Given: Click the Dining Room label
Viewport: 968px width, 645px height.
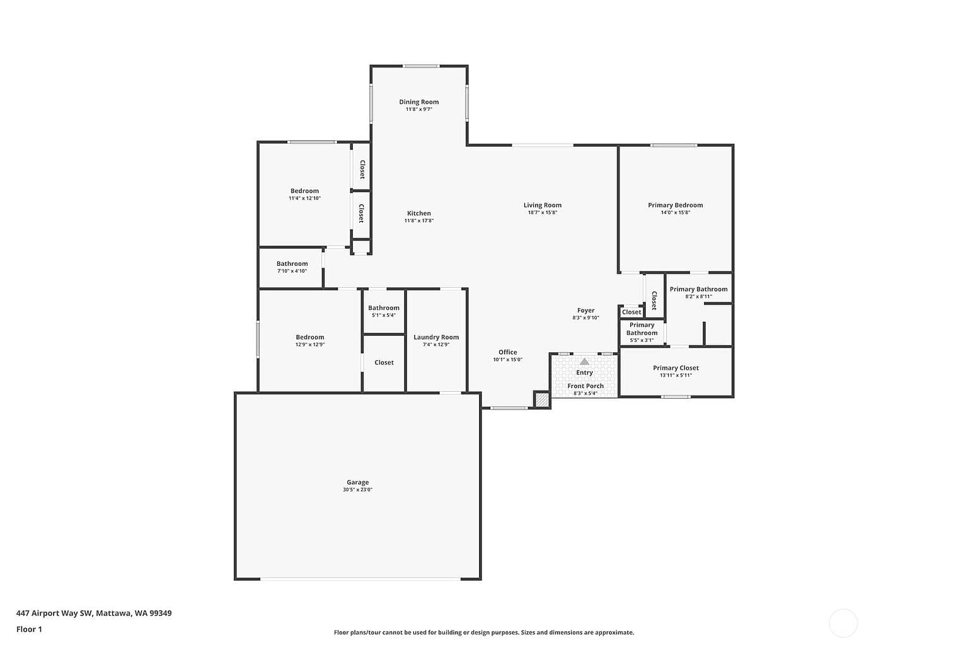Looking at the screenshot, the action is coord(418,102).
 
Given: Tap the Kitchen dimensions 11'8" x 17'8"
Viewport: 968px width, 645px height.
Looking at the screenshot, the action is coord(418,220).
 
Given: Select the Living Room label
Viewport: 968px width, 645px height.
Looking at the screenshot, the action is coord(543,205).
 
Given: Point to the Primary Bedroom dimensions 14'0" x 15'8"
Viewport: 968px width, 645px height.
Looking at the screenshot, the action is coord(675,212).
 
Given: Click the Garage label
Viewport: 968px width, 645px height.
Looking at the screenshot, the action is coord(357,482).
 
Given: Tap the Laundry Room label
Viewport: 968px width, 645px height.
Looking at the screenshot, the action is coord(436,337).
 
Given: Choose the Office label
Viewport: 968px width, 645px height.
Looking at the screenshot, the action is coord(507,352).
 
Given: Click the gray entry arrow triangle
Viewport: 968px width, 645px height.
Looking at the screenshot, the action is coord(584,362).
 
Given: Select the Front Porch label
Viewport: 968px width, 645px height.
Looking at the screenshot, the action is coord(585,385).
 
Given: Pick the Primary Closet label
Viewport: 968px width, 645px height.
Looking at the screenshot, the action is coord(676,368).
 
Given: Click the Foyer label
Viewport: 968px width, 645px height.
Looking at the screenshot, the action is coord(585,310).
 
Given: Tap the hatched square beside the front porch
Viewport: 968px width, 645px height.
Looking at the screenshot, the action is coord(541,399).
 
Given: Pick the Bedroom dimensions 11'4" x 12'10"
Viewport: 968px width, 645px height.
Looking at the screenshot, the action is coord(304,198).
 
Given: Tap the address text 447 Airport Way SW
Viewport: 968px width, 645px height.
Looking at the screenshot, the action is coord(54,613).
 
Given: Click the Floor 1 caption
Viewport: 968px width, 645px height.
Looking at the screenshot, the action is coord(29,629).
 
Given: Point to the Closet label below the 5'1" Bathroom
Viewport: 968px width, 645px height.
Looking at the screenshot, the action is coord(384,362).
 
